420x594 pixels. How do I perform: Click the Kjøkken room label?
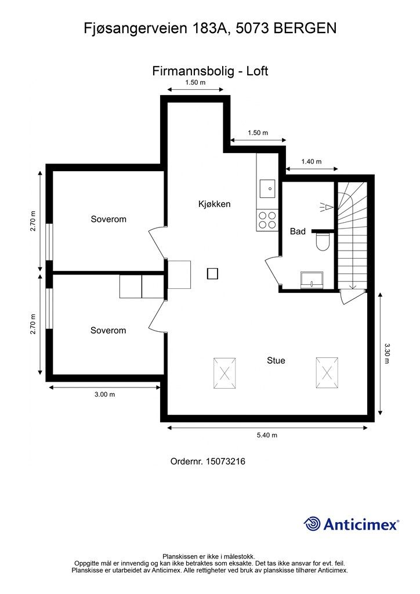click(x=215, y=204)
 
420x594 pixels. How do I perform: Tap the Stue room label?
click(x=276, y=360)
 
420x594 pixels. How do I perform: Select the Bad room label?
click(x=298, y=231)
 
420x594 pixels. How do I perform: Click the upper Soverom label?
click(x=108, y=219)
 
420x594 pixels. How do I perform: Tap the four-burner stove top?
click(x=267, y=220)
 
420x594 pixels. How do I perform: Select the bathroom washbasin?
click(x=312, y=281)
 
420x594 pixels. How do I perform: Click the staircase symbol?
click(x=352, y=235)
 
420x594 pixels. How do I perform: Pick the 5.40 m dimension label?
click(x=267, y=435)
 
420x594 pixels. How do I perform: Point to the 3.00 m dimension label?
click(x=104, y=394)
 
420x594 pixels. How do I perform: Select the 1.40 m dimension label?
click(x=312, y=162)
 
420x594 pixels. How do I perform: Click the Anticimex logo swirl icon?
click(x=312, y=524)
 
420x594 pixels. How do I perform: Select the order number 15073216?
click(x=229, y=462)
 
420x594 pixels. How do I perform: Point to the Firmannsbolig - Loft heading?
click(x=210, y=71)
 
